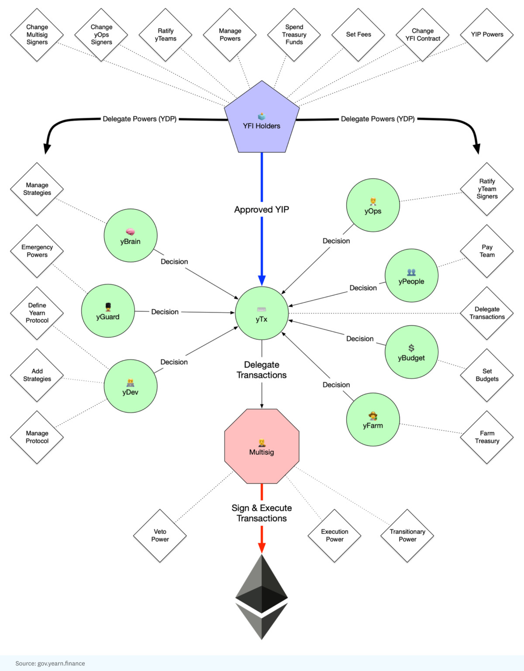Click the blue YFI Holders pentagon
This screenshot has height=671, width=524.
pyautogui.click(x=262, y=120)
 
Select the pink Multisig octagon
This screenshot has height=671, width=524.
pyautogui.click(x=262, y=446)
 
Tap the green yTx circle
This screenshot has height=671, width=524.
pyautogui.click(x=262, y=313)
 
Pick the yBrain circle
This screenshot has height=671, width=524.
pyautogui.click(x=130, y=235)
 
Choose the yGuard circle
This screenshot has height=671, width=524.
pyautogui.click(x=107, y=311)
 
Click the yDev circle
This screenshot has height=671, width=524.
pyautogui.click(x=130, y=386)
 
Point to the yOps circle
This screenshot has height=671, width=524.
pyautogui.click(x=373, y=205)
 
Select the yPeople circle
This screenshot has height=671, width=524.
pyautogui.click(x=411, y=275)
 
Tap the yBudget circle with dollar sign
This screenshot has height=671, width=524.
pyautogui.click(x=411, y=352)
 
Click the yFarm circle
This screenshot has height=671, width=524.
pyautogui.click(x=373, y=419)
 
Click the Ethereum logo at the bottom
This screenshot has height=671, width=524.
pyautogui.click(x=262, y=597)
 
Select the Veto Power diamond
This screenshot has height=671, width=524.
pyautogui.click(x=160, y=536)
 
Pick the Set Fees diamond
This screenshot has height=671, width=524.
pyautogui.click(x=359, y=35)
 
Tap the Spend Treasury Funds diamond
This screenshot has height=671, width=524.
pyautogui.click(x=294, y=35)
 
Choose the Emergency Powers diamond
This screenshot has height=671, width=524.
pyautogui.click(x=37, y=251)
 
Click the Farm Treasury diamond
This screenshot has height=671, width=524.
pyautogui.click(x=487, y=437)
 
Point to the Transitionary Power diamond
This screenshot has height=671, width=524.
pyautogui.click(x=407, y=536)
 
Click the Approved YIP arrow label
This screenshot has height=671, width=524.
pyautogui.click(x=262, y=210)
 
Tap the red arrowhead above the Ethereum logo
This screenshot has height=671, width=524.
pyautogui.click(x=262, y=548)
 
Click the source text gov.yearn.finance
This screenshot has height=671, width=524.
pyautogui.click(x=50, y=663)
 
